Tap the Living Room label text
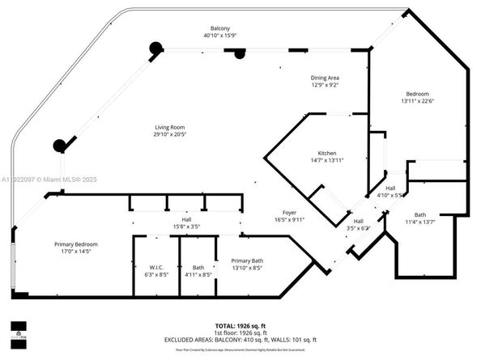[x=171, y=127]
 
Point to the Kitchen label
[x=326, y=153]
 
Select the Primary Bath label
[x=247, y=260]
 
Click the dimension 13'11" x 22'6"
[x=418, y=102]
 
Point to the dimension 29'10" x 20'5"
[x=171, y=135]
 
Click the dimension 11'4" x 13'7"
[x=426, y=222]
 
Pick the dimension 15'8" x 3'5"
[x=186, y=227]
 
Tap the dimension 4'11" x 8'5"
[x=198, y=274]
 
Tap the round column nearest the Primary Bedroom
[x=59, y=146]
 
